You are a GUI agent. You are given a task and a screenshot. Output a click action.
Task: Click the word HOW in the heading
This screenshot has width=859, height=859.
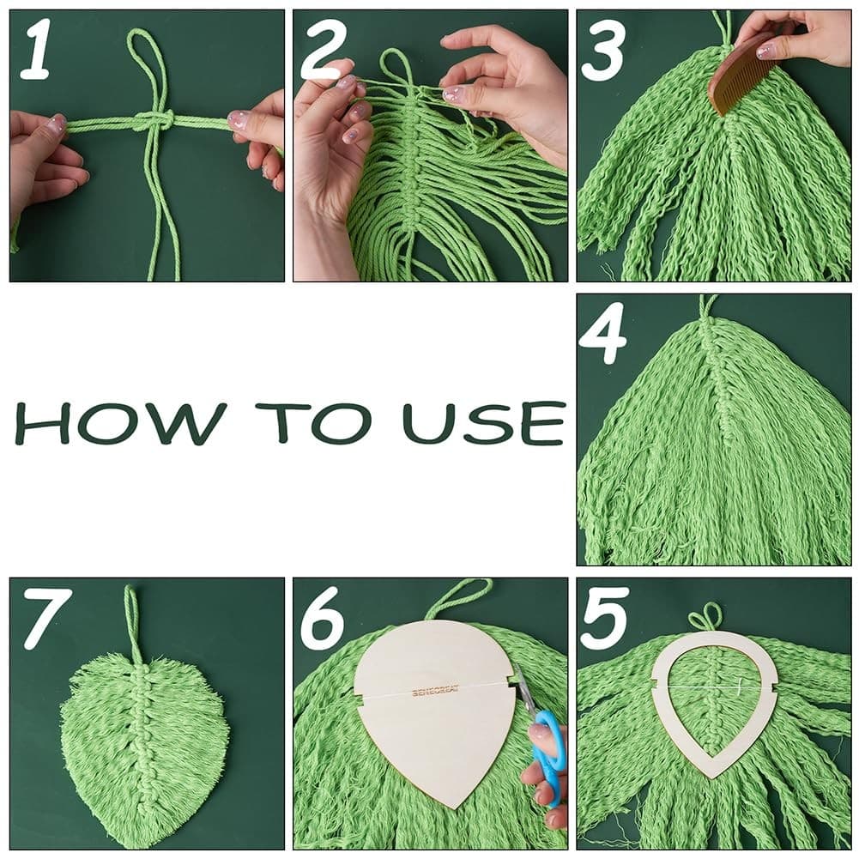121,423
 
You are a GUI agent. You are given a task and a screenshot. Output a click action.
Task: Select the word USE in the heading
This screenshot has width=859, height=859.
485,423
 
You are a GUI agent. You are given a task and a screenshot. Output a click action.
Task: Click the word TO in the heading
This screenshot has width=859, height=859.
314,423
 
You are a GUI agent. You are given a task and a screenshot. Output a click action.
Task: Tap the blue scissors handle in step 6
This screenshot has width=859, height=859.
549,747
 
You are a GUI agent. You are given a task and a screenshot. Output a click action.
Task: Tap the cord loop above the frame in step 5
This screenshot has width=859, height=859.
705,616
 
